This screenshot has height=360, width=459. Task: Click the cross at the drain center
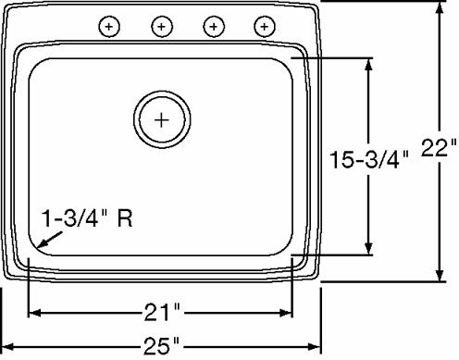pyautogui.click(x=162, y=119)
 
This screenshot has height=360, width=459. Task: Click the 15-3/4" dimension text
pyautogui.click(x=369, y=159)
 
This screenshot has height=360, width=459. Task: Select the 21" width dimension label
pyautogui.click(x=162, y=313)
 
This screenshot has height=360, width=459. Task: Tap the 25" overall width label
pyautogui.click(x=161, y=346)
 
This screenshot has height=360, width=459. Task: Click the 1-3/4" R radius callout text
pyautogui.click(x=87, y=218)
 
